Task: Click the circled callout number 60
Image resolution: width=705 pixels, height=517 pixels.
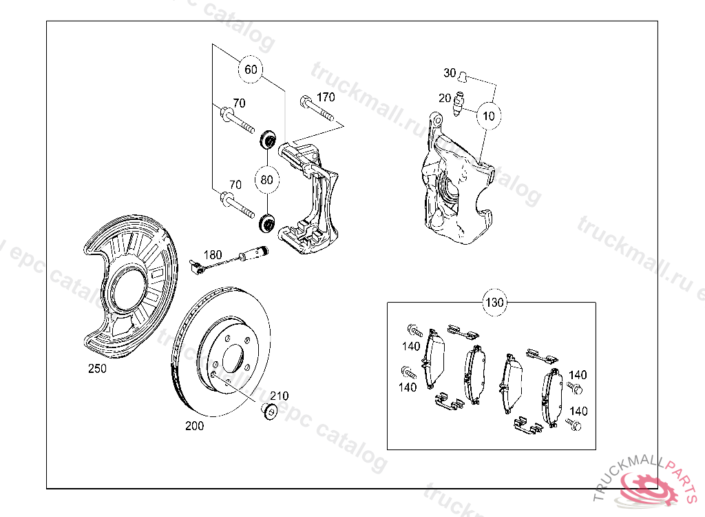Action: coord(251,70)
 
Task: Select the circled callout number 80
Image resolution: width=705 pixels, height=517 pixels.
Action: coord(267,180)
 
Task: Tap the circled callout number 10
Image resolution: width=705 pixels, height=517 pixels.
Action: coord(489,115)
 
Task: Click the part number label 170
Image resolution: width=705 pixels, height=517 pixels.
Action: coord(326,97)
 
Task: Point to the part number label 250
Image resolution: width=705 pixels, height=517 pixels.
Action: coord(97,369)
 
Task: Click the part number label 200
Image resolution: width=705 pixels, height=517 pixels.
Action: coord(195,426)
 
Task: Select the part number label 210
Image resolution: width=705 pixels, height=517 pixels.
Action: coord(279,396)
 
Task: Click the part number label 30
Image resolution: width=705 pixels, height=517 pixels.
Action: coord(450,73)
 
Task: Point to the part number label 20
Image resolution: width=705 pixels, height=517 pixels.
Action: coord(445,98)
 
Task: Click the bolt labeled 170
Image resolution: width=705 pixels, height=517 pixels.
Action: coord(316,110)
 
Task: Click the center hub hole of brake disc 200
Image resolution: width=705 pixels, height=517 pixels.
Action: coord(232,358)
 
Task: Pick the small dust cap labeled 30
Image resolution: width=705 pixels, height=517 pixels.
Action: coord(464,74)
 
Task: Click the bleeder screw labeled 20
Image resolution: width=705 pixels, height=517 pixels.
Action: coord(461,104)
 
